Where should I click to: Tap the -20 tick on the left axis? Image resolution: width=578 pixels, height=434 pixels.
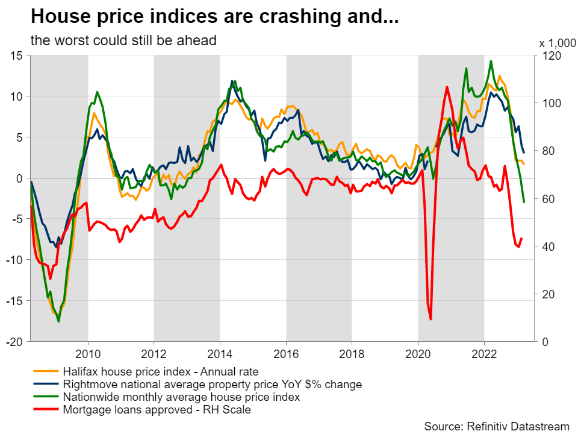(x=15, y=341)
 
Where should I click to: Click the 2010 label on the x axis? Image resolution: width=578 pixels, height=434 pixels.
(x=88, y=353)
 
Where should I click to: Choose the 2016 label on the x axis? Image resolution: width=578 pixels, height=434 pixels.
(x=286, y=353)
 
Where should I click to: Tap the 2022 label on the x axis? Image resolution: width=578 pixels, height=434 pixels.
(x=484, y=353)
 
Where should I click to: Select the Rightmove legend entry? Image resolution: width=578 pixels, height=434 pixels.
(x=212, y=384)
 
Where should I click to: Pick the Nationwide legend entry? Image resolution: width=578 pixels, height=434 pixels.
(x=181, y=397)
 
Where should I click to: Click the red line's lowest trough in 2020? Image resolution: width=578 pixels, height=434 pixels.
(x=430, y=319)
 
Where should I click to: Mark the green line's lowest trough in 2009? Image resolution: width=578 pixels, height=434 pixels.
(x=58, y=321)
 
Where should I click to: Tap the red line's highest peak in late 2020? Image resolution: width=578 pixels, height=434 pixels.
(x=447, y=87)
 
